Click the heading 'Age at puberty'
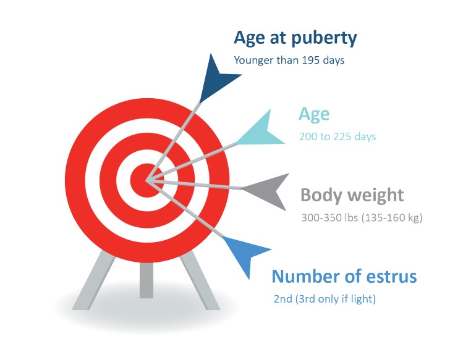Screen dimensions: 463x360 pyautogui.click(x=295, y=38)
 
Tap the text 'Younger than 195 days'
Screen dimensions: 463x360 pyautogui.click(x=289, y=60)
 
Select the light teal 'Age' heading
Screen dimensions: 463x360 pyautogui.click(x=314, y=115)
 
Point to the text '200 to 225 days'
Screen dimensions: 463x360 pyautogui.click(x=338, y=136)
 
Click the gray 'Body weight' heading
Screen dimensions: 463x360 pyautogui.click(x=352, y=195)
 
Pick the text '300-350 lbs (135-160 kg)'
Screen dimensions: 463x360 pyautogui.click(x=362, y=218)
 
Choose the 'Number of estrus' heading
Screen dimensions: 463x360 pyautogui.click(x=344, y=277)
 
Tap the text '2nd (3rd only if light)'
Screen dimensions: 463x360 pyautogui.click(x=325, y=299)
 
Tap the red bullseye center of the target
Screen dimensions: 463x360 pyautogui.click(x=147, y=180)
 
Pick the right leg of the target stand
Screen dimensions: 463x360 pyautogui.click(x=200, y=280)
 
